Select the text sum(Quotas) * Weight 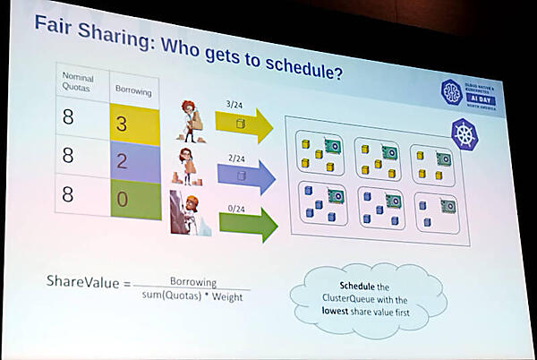(193, 296)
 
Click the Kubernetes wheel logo (465, 135)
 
